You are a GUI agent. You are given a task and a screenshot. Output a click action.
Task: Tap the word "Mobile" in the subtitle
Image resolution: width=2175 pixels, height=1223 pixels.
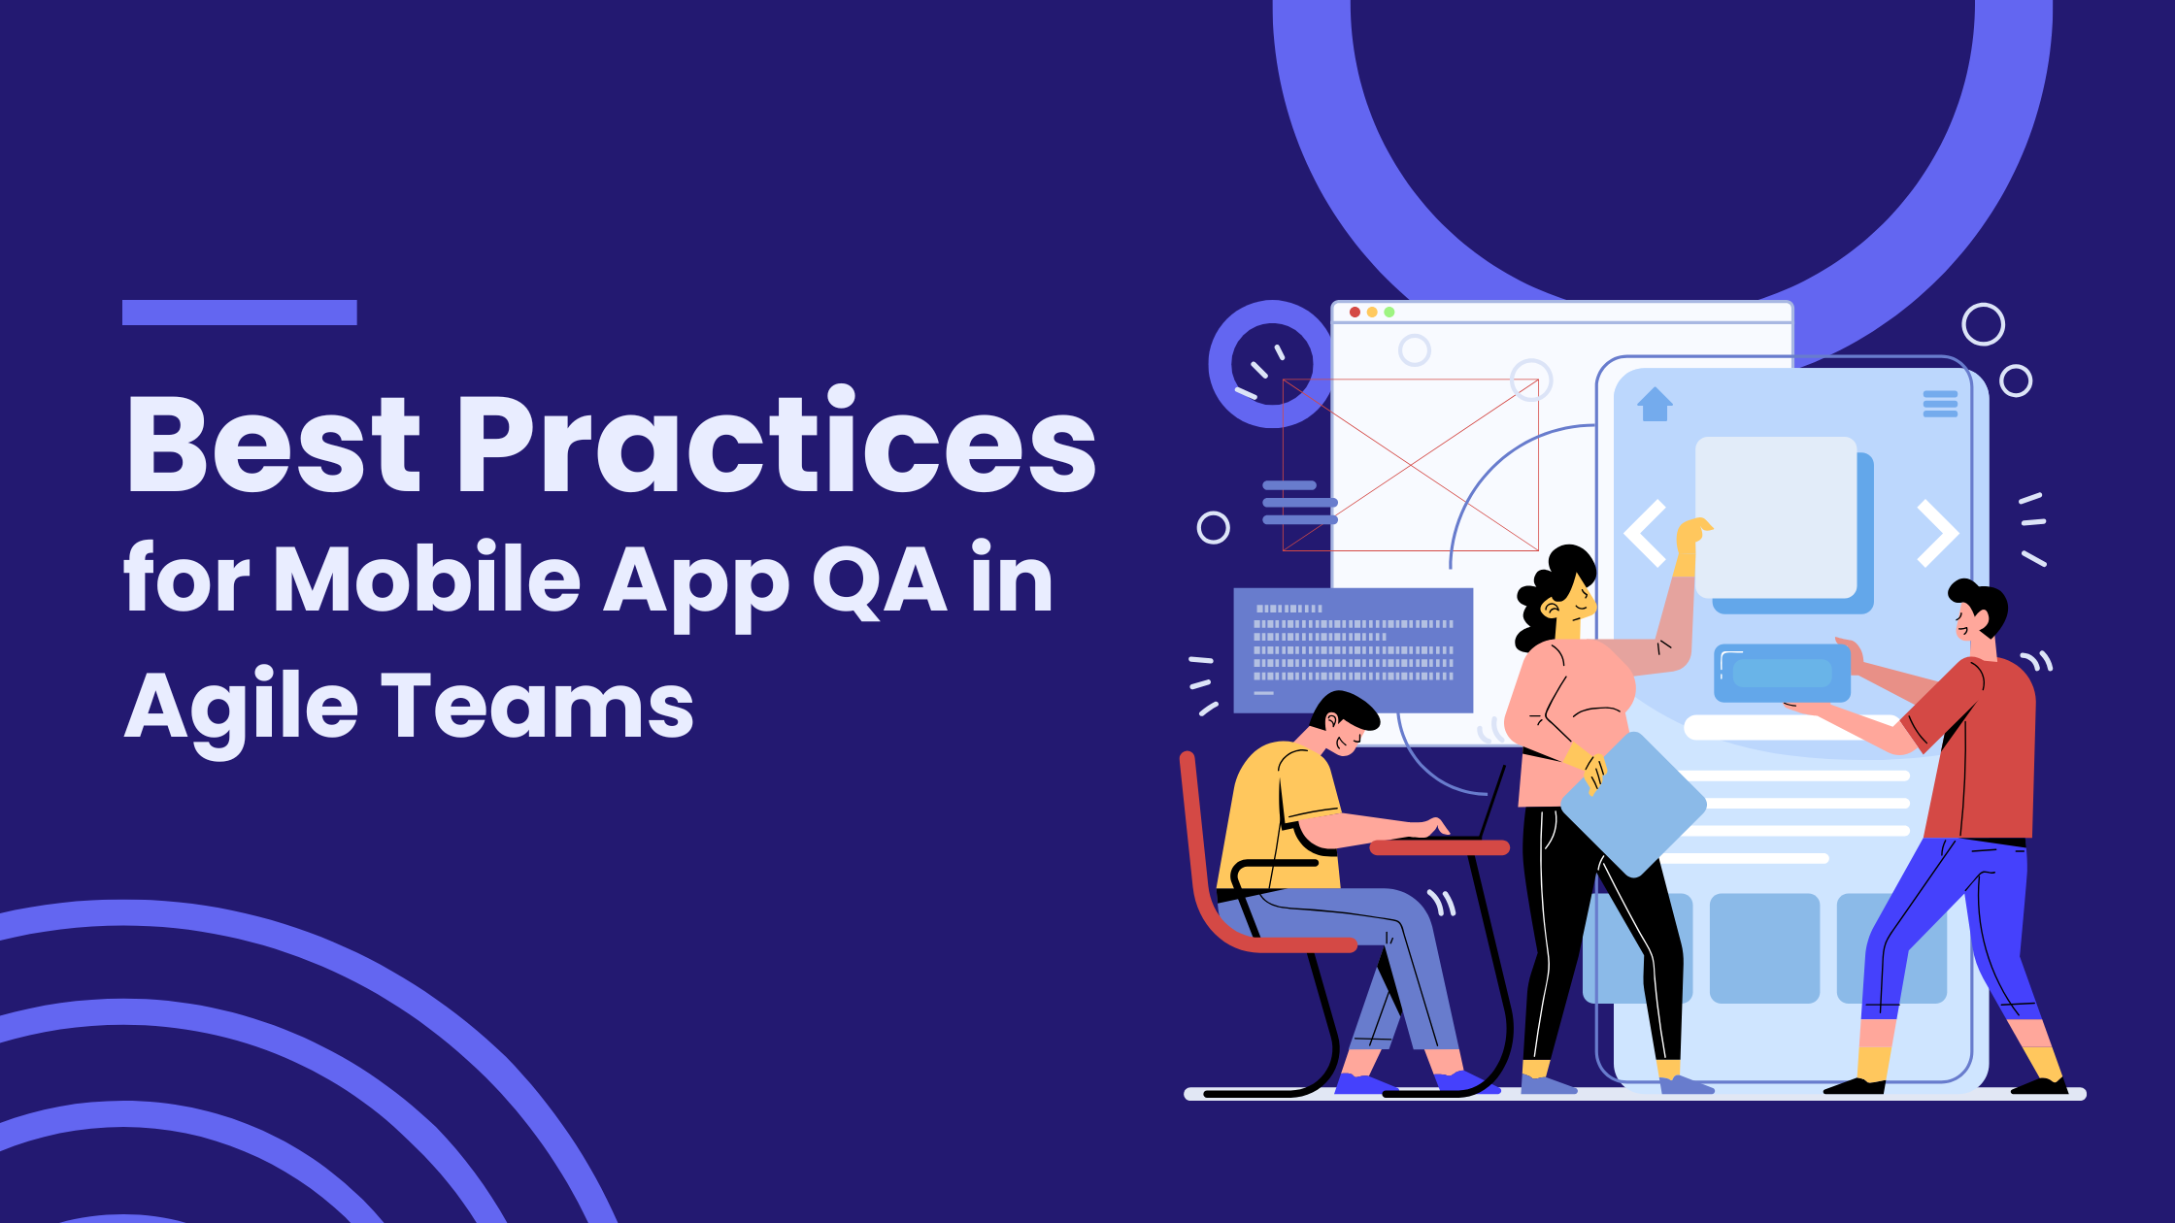click(427, 578)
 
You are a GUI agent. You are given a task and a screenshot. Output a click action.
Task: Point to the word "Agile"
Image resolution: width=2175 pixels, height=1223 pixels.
click(242, 707)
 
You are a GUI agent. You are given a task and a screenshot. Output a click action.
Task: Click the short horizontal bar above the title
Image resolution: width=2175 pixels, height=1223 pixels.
click(240, 313)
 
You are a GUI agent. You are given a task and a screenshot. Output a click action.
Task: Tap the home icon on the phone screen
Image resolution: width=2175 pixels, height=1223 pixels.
click(1655, 404)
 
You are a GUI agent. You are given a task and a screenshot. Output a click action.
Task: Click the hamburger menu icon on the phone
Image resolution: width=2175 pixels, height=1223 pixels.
click(1940, 404)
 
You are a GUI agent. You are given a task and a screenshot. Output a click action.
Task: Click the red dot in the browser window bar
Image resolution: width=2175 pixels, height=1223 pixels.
click(1355, 312)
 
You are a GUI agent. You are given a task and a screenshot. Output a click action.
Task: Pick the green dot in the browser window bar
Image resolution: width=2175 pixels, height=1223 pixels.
click(1389, 312)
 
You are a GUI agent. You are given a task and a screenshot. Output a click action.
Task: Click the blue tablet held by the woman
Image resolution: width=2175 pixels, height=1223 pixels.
click(1634, 805)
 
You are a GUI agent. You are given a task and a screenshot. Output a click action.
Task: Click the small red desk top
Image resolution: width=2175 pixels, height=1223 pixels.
click(1439, 847)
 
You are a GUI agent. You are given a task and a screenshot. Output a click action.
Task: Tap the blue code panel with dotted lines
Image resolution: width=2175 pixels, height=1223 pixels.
click(1353, 649)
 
